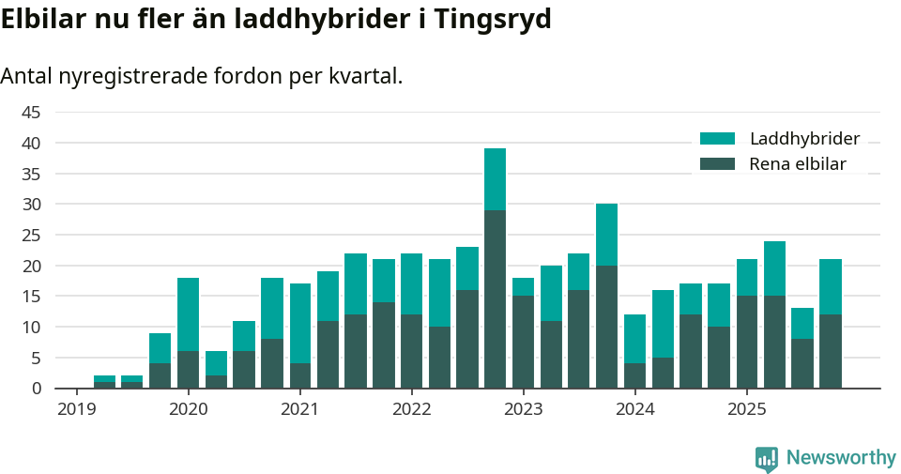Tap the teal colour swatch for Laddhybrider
point(718,139)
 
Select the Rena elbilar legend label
point(797,164)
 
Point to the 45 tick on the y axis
point(31,113)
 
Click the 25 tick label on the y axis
point(31,236)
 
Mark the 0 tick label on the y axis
point(37,389)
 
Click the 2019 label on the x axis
point(76,409)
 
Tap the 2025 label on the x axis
point(746,409)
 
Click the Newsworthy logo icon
point(766,458)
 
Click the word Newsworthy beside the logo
point(841,458)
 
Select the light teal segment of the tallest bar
point(495,179)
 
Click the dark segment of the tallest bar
point(495,298)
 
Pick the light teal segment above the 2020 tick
point(188,314)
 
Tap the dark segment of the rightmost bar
point(830,351)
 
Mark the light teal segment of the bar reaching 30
point(606,235)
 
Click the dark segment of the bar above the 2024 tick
point(634,375)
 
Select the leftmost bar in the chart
point(104,382)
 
